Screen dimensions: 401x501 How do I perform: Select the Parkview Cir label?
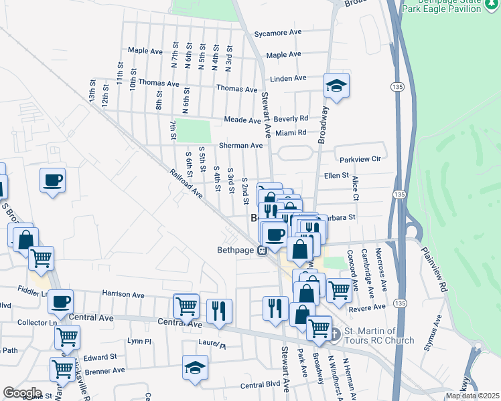click(x=360, y=160)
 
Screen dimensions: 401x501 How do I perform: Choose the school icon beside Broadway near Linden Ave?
click(x=336, y=86)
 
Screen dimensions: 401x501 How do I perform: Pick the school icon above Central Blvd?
click(x=195, y=368)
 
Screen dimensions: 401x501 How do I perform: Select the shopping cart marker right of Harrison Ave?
click(x=186, y=305)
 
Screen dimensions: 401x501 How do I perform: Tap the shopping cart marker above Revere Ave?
click(x=339, y=290)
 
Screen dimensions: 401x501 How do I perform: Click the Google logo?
click(x=21, y=393)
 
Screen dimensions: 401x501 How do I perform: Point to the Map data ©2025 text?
click(x=472, y=396)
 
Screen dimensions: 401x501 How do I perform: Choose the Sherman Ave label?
click(x=241, y=145)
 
